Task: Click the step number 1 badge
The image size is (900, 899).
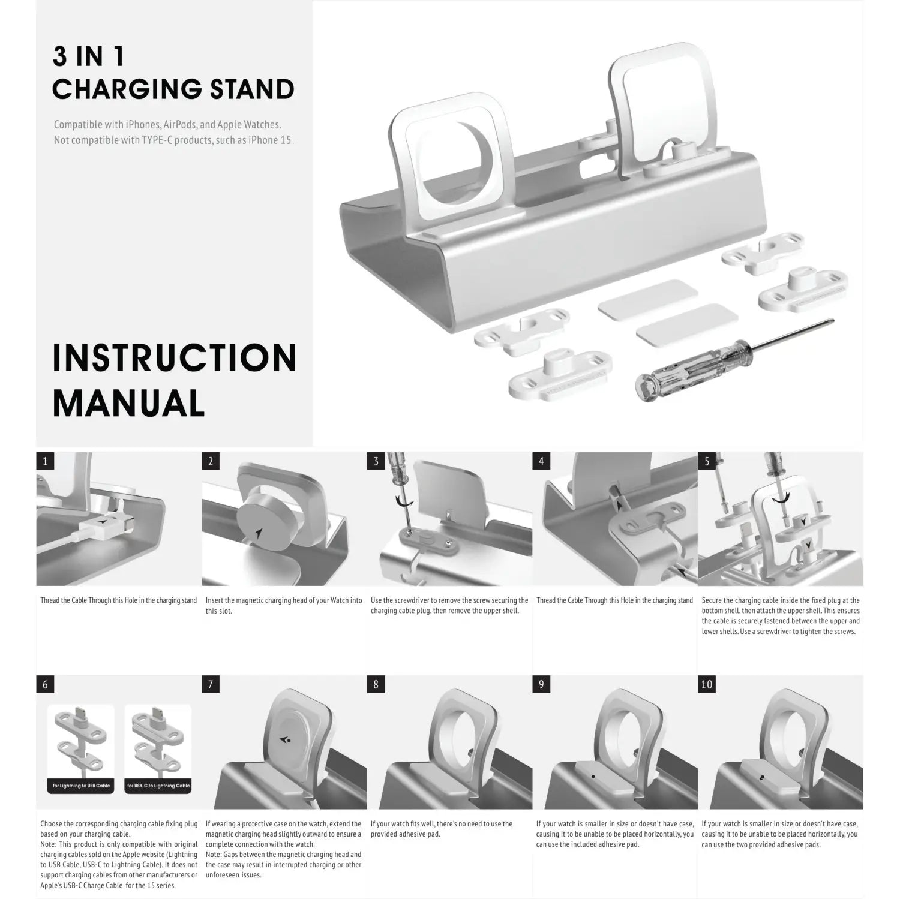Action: [x=45, y=461]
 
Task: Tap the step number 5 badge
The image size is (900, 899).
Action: [x=707, y=461]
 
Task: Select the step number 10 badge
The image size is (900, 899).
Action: [x=707, y=684]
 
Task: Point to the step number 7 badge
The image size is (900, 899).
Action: [x=211, y=684]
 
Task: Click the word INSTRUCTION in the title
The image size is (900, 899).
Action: [x=175, y=358]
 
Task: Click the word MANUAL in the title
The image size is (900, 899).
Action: [x=129, y=404]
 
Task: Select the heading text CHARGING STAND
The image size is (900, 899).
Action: [x=173, y=89]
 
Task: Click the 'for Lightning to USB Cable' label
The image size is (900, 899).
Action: [x=80, y=786]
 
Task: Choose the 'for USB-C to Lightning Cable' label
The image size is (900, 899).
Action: [x=158, y=786]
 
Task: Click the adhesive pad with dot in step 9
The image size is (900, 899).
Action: [x=592, y=776]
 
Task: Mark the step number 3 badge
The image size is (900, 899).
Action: [x=376, y=461]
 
